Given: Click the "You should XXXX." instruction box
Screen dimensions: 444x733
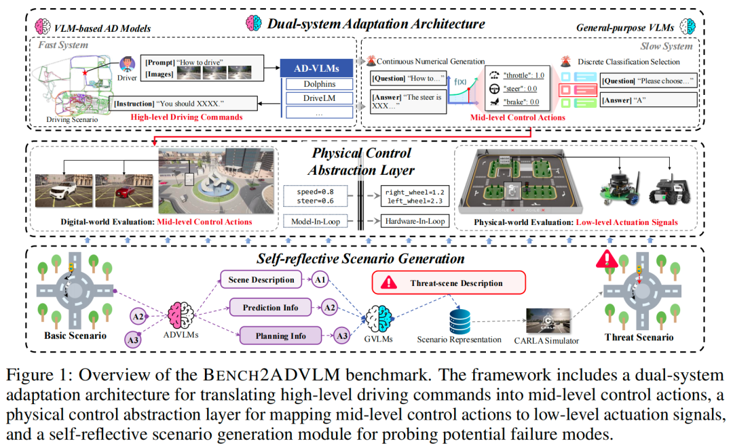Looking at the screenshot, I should pyautogui.click(x=184, y=104).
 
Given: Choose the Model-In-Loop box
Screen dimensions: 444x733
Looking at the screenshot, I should pyautogui.click(x=315, y=221).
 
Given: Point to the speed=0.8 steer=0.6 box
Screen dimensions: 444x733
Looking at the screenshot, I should pyautogui.click(x=316, y=196).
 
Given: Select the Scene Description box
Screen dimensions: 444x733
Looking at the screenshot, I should pyautogui.click(x=259, y=279).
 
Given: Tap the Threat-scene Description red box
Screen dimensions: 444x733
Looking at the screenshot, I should pyautogui.click(x=449, y=283).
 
